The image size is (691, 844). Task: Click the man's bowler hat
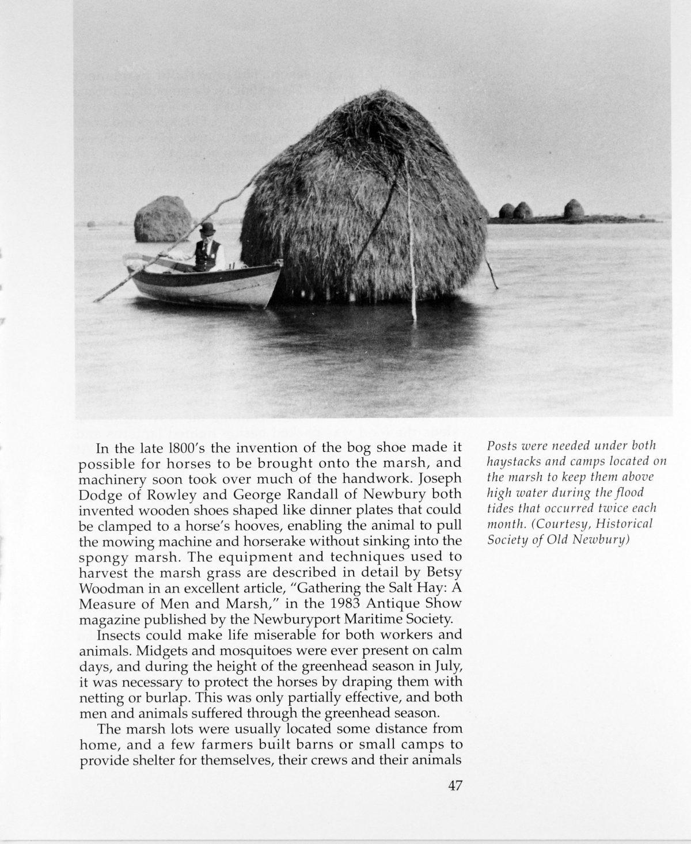(205, 228)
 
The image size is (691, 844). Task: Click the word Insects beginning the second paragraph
(119, 636)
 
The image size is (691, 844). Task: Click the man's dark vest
(204, 254)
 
